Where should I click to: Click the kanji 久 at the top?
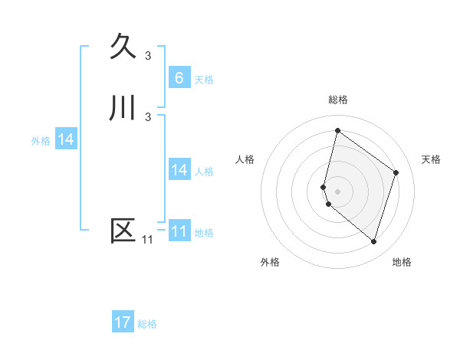(123, 47)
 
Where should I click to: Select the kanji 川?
(123, 108)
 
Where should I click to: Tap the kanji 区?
(123, 231)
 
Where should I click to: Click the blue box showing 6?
(179, 77)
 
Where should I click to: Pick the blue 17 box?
(123, 322)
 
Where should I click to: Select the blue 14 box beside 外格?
(66, 139)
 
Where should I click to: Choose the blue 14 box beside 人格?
(179, 170)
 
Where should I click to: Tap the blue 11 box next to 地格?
(179, 231)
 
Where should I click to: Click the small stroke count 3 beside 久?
(148, 55)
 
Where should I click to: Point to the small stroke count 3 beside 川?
(148, 116)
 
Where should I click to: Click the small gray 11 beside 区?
(147, 240)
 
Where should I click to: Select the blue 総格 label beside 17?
(147, 324)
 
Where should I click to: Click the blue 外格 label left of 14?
(40, 141)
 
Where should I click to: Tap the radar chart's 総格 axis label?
(338, 100)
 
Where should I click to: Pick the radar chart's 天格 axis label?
(432, 159)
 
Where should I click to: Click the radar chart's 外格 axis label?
(270, 262)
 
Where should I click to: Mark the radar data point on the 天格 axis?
(396, 172)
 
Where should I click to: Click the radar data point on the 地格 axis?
(374, 241)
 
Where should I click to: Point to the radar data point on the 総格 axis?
(337, 130)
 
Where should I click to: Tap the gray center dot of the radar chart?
(338, 191)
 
